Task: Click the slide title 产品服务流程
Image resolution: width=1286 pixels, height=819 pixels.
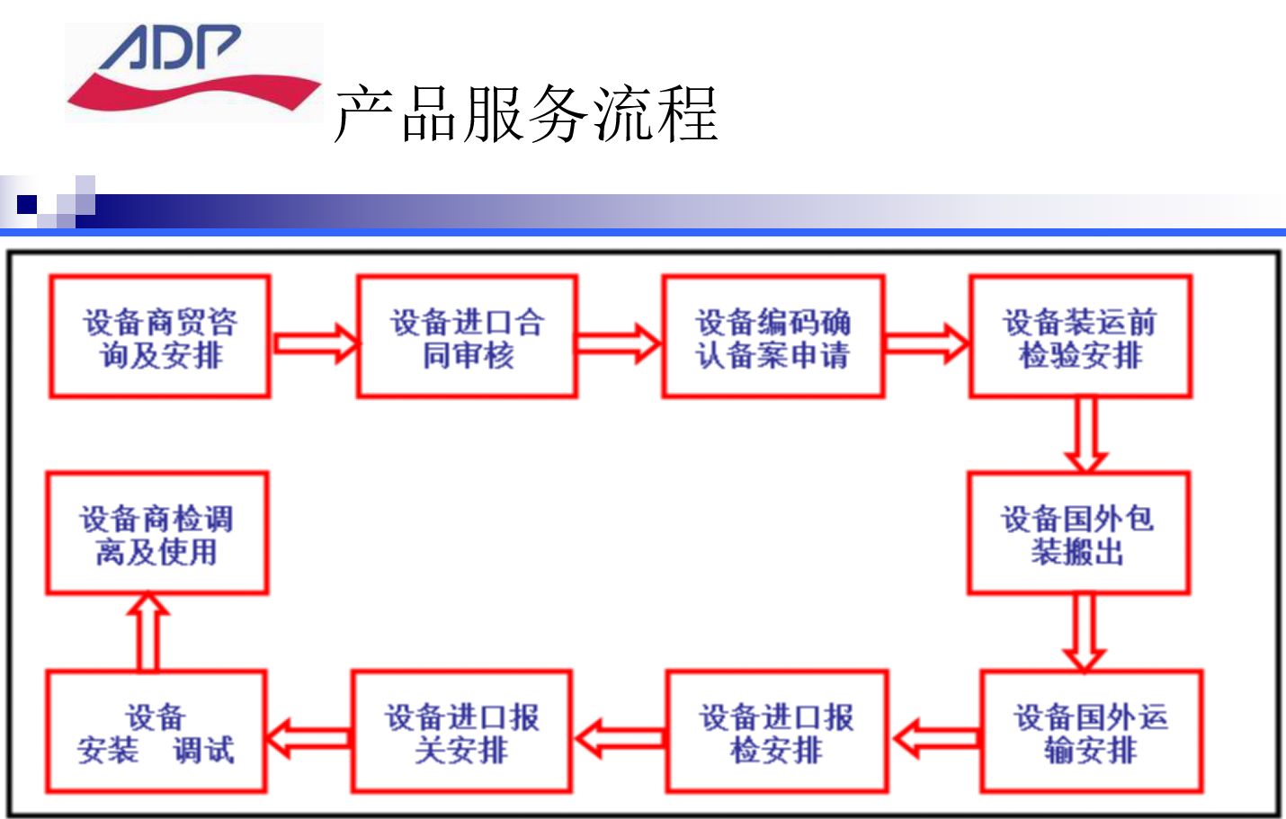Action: pos(526,113)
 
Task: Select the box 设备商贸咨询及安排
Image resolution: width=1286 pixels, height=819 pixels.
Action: pos(159,336)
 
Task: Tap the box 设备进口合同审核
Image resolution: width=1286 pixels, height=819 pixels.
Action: pos(467,336)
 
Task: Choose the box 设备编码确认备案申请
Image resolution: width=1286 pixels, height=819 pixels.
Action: pos(772,336)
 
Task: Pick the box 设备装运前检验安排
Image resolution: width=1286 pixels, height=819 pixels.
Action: pos(1080,336)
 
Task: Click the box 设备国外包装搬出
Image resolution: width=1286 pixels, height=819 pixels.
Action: pos(1078,533)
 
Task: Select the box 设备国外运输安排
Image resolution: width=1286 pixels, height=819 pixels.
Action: pos(1091,732)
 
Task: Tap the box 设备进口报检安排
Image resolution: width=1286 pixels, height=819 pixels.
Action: pos(777,732)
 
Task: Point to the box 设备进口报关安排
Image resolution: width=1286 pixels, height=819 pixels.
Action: pos(461,732)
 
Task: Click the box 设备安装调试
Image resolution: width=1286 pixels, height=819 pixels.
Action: pos(156,732)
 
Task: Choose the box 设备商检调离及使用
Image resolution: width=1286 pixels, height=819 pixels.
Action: pos(156,533)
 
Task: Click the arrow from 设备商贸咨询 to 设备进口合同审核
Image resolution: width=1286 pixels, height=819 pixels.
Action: pos(315,343)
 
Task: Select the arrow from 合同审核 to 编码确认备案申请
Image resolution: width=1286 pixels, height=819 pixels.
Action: pos(619,343)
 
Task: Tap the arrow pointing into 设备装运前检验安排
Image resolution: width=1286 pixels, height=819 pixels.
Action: pos(926,343)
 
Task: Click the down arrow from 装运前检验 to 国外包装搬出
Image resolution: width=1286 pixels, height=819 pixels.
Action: pos(1085,435)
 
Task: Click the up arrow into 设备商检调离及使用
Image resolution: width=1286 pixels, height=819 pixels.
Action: pos(148,631)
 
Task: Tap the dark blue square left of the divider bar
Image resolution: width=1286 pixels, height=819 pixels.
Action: pos(27,204)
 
